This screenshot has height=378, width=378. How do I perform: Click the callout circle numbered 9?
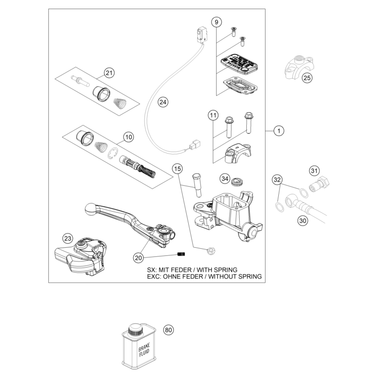(216, 22)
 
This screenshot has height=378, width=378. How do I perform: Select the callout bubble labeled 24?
(162, 102)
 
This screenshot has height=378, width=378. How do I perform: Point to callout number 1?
(278, 131)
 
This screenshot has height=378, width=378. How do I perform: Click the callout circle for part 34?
(224, 179)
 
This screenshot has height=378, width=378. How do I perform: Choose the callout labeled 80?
(168, 330)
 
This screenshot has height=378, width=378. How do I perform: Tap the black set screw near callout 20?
(181, 254)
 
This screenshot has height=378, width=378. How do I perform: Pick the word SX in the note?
(152, 270)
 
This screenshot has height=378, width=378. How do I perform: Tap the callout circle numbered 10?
(128, 137)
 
